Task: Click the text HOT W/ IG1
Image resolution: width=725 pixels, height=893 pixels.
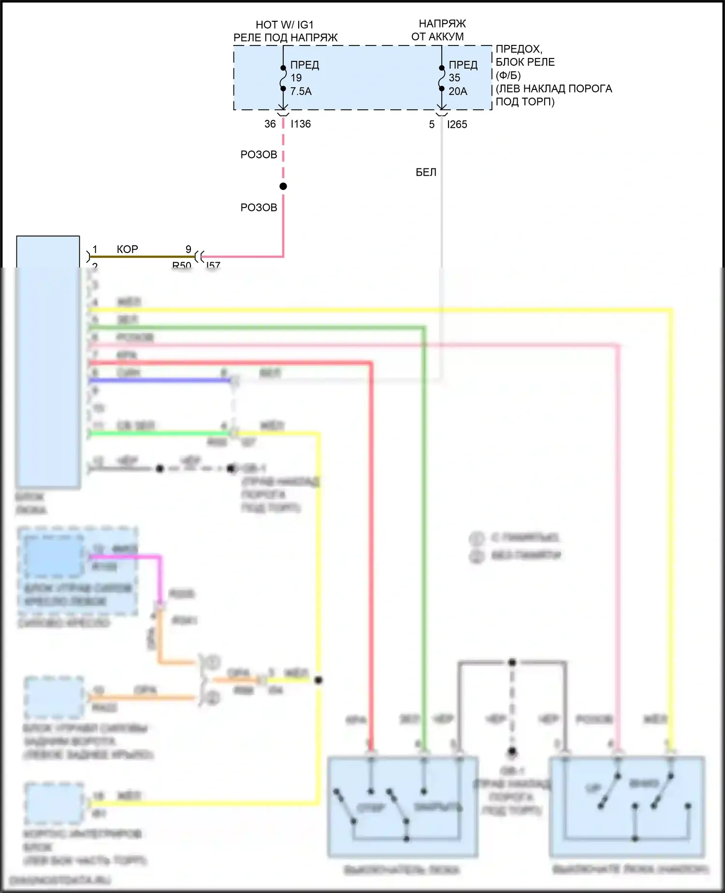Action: click(x=285, y=25)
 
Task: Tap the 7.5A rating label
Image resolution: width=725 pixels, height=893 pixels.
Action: click(x=301, y=91)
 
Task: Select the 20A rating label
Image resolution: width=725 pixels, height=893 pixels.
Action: click(x=458, y=91)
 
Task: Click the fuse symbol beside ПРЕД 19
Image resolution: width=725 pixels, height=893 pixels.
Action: click(x=283, y=78)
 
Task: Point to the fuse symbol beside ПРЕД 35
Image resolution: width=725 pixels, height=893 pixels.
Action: click(x=442, y=78)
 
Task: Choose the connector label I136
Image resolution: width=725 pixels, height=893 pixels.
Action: click(x=301, y=124)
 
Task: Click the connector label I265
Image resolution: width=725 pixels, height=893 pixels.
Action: click(x=457, y=125)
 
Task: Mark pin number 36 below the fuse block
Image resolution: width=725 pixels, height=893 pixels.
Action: click(x=270, y=124)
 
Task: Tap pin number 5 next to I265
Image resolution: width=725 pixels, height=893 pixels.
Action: click(x=432, y=125)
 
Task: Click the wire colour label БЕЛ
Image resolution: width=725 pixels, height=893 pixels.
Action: click(x=426, y=172)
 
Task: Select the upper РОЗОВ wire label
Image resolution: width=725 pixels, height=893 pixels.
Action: click(x=259, y=155)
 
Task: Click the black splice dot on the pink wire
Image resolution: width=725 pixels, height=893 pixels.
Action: click(x=283, y=186)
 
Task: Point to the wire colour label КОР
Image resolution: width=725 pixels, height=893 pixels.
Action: click(x=127, y=249)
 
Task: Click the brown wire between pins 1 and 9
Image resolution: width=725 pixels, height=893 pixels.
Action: click(x=145, y=256)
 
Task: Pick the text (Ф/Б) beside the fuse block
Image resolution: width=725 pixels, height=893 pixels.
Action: click(x=508, y=75)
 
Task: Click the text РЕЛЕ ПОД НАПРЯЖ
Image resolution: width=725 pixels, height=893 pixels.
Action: click(x=285, y=37)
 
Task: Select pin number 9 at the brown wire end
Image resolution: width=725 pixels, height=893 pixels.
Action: click(x=188, y=249)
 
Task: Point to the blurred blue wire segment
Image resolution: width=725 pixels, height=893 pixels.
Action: click(x=159, y=381)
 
